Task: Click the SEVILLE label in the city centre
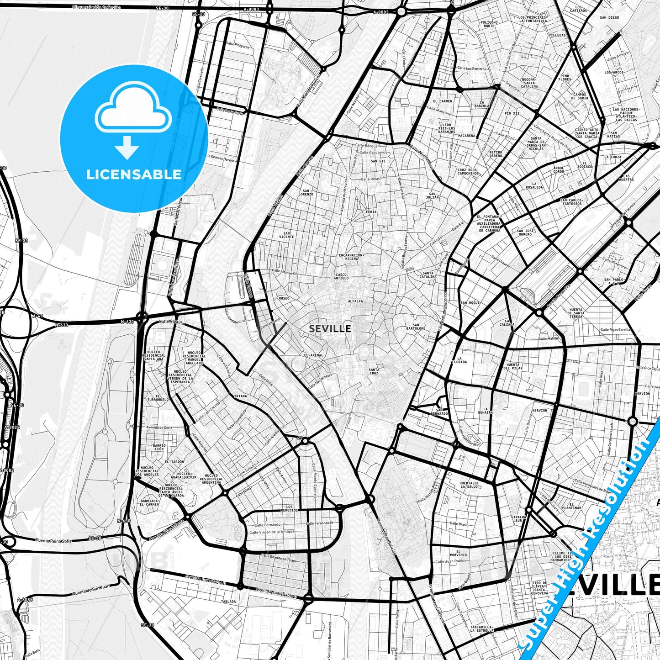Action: (x=330, y=328)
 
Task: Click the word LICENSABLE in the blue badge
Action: (x=134, y=174)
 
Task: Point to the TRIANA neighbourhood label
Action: (x=240, y=396)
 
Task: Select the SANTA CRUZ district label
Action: (x=374, y=371)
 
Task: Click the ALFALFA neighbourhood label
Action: (x=355, y=301)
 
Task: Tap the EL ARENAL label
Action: (x=313, y=355)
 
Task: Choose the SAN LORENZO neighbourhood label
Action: (x=306, y=192)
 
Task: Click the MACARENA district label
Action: (x=466, y=136)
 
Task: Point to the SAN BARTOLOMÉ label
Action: (x=416, y=328)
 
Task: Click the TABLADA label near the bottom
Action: (x=228, y=602)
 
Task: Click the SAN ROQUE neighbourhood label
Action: (x=470, y=303)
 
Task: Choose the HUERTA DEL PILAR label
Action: (x=513, y=366)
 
